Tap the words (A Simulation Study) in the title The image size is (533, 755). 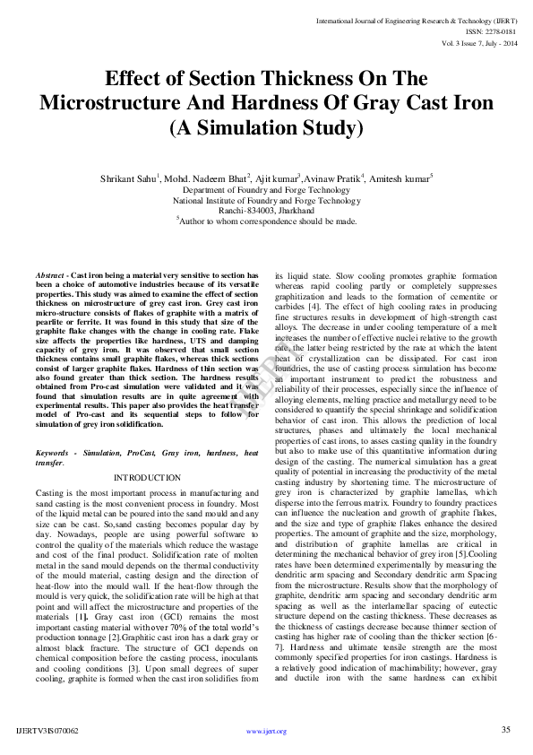pos(266,127)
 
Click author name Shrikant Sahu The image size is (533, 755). pos(127,179)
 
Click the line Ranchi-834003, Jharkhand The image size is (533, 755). pos(266,210)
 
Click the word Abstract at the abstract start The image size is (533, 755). pos(52,274)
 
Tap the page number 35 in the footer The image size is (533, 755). pos(505,730)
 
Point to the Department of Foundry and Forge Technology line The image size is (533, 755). pos(266,190)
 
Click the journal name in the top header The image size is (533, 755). pos(416,19)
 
